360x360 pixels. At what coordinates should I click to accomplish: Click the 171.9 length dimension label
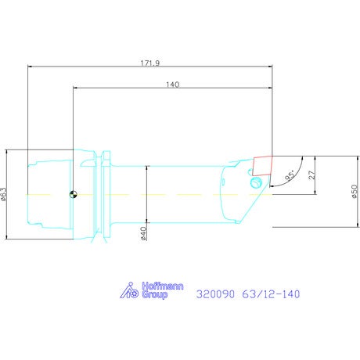pos(150,63)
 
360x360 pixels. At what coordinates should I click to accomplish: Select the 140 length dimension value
pos(173,85)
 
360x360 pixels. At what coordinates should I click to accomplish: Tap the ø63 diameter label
pos(4,194)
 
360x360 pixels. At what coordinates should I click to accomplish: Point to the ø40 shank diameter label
pos(143,233)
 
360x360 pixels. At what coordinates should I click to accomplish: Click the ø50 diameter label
pos(355,192)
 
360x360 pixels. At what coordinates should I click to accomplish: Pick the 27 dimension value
pos(311,175)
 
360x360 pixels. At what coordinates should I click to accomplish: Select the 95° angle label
pos(290,175)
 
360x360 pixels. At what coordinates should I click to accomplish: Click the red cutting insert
pos(262,166)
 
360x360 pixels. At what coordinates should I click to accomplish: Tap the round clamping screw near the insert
pos(256,182)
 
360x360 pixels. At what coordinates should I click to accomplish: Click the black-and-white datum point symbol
pos(74,194)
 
